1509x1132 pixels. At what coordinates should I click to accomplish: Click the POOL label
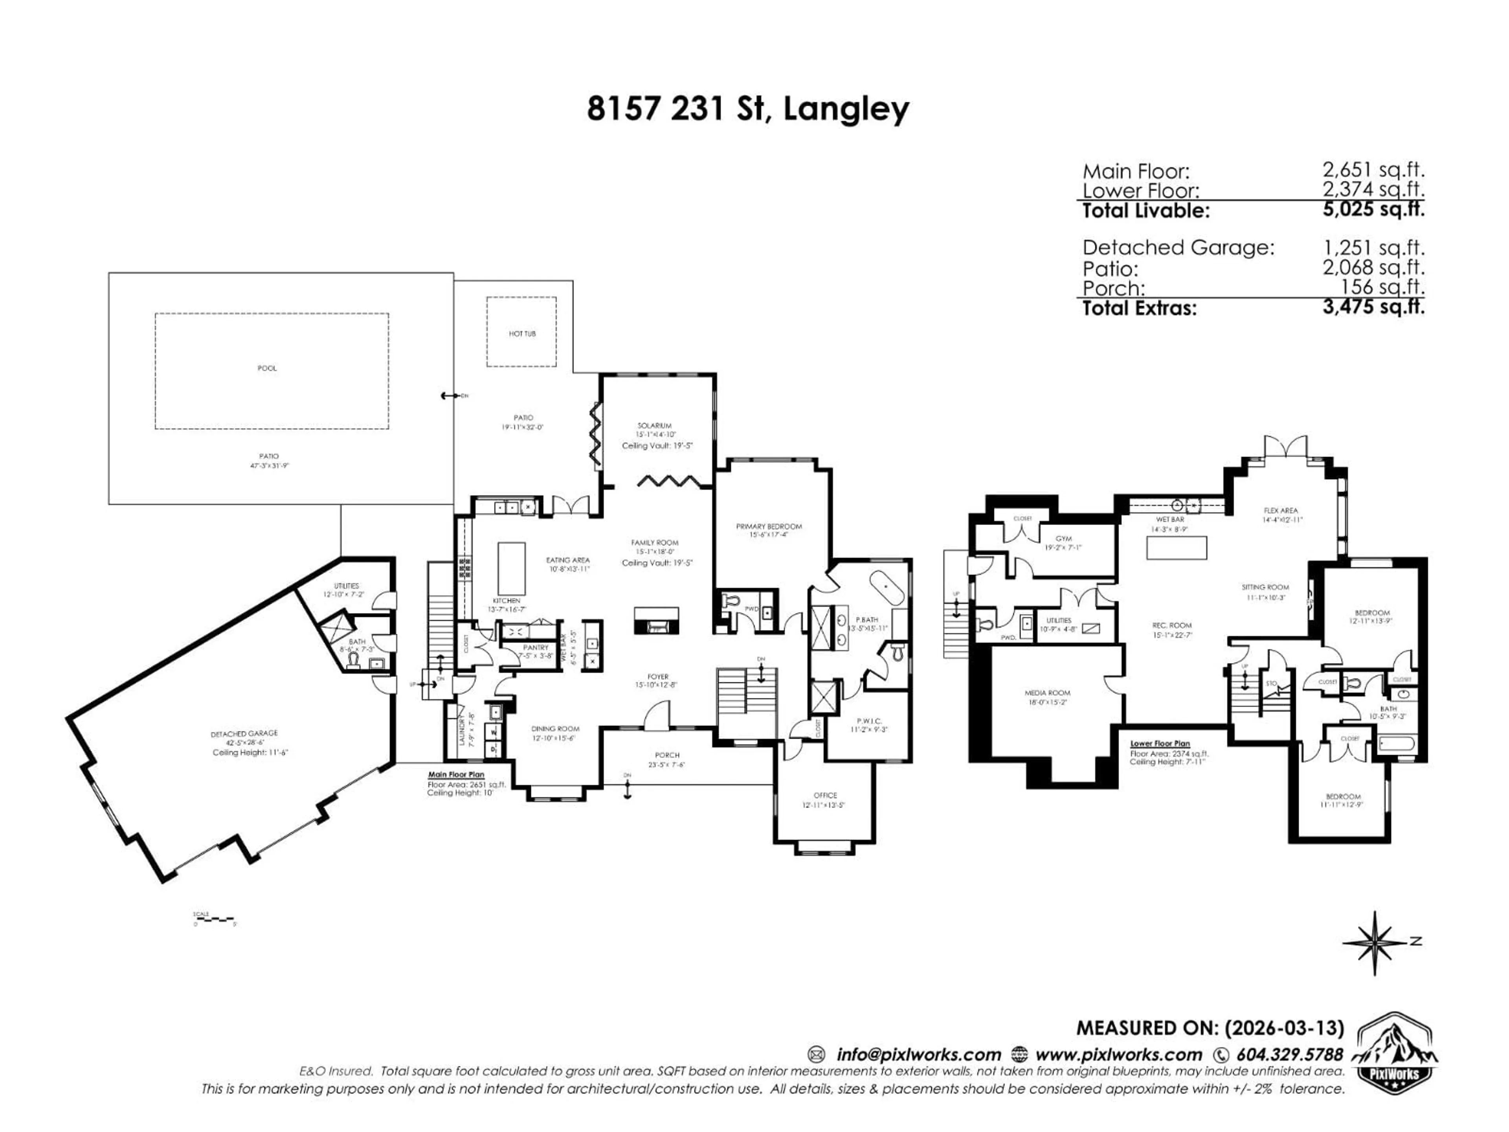(267, 368)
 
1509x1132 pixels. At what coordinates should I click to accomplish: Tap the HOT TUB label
(522, 334)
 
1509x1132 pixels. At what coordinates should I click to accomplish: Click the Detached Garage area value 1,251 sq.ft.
(1373, 248)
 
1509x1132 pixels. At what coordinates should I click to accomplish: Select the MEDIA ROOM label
(1047, 693)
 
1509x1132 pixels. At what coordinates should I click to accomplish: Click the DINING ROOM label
(555, 729)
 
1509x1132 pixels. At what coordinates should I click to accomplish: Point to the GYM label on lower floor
(1063, 538)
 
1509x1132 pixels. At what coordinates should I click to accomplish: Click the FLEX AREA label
(1280, 511)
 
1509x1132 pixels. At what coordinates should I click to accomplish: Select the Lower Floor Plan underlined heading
(1160, 744)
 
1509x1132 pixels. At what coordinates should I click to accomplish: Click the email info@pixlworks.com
(918, 1054)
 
